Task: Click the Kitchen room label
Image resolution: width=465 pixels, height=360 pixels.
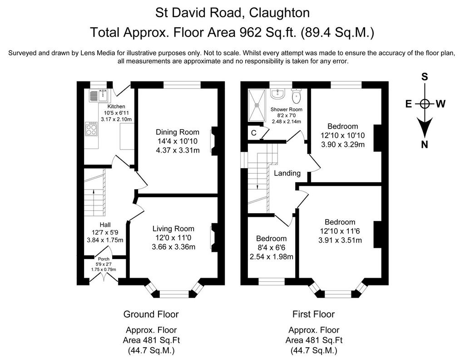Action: click(x=116, y=106)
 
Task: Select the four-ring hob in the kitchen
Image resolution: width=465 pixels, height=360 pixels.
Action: click(x=91, y=129)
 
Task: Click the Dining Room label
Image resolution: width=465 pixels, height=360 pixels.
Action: click(x=178, y=132)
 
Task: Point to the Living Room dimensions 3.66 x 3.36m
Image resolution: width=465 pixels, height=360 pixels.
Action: click(x=173, y=247)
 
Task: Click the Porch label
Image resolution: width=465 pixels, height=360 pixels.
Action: click(x=104, y=259)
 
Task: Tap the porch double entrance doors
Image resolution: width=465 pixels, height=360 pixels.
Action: click(x=104, y=277)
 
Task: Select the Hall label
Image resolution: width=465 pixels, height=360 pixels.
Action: click(x=105, y=225)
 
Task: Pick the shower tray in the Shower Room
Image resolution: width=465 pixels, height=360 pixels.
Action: click(x=257, y=105)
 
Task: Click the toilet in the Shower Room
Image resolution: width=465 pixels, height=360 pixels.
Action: click(x=296, y=95)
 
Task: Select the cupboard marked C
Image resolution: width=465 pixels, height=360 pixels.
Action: click(x=254, y=133)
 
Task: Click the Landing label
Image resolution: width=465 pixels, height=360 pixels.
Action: click(x=287, y=173)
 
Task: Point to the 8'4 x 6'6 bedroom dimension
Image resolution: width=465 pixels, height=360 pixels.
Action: click(x=271, y=248)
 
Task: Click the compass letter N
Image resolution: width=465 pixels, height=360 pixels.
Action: click(x=425, y=145)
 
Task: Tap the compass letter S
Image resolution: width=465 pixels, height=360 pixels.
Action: click(x=425, y=77)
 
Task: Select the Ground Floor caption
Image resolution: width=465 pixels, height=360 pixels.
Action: click(x=151, y=314)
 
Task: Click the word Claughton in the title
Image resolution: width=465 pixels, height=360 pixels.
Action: click(x=280, y=13)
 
